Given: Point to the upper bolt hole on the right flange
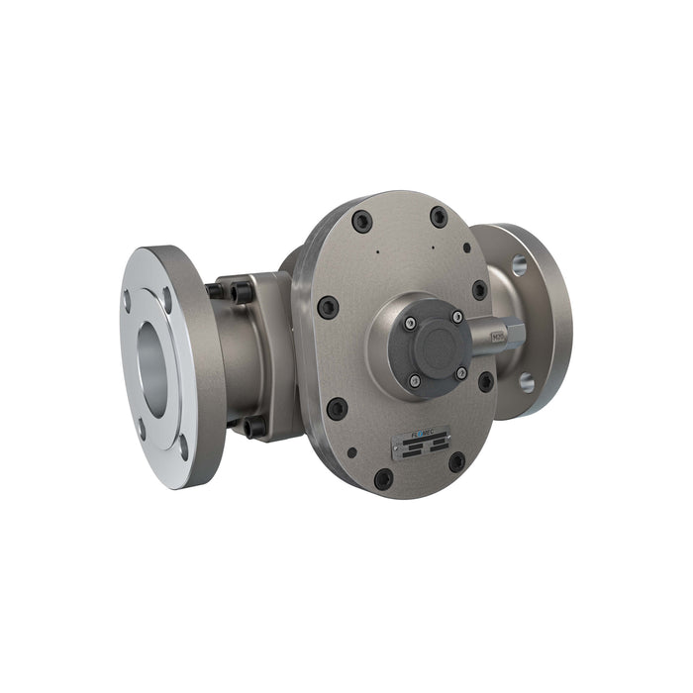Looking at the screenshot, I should tap(519, 264).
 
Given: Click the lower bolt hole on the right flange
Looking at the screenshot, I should tap(527, 381).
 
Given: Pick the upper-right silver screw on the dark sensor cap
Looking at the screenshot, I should tap(456, 316).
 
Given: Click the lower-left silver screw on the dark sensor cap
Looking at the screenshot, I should tap(414, 380).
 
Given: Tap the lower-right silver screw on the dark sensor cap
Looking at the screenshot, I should tap(461, 372).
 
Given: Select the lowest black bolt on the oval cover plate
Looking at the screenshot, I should tap(382, 479).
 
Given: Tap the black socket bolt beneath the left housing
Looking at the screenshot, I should tap(254, 426).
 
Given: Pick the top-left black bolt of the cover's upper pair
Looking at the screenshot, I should tap(363, 221).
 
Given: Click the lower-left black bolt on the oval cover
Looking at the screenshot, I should tap(338, 408).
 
